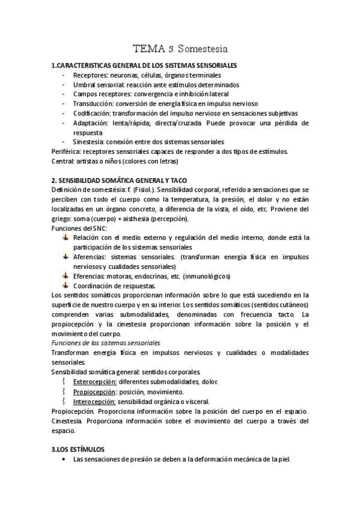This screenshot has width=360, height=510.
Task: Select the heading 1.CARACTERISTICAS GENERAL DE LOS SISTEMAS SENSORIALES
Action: [x=144, y=65]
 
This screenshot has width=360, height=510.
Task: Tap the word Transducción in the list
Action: [x=93, y=103]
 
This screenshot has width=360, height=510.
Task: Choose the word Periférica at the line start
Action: [x=67, y=152]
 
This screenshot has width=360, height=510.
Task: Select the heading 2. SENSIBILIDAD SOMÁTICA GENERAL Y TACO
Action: [x=120, y=180]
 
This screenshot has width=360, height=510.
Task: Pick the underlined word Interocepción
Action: [x=94, y=401]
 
